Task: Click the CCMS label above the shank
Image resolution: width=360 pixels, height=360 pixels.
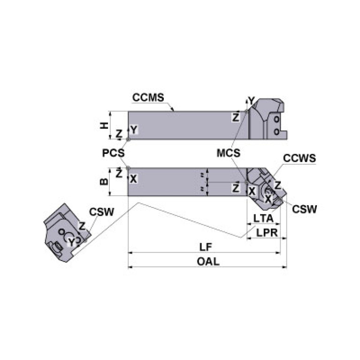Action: point(148,98)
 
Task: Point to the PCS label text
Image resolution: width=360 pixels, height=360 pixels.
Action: point(114,153)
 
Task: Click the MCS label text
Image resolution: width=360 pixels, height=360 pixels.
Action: point(229,153)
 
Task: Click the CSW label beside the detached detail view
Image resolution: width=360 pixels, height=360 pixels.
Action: point(102,212)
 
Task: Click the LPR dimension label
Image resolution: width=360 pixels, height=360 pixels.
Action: point(266,232)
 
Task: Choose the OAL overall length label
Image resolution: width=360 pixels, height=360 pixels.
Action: point(207,262)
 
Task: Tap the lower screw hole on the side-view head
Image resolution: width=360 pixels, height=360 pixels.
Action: point(276,131)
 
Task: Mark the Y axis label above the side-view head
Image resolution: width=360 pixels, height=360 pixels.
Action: point(252,100)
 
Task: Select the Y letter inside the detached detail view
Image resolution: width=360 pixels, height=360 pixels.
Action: point(70,241)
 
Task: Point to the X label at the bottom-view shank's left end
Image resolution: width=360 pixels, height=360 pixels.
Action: point(133,179)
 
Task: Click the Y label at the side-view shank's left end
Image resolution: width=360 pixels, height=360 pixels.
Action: point(134,130)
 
